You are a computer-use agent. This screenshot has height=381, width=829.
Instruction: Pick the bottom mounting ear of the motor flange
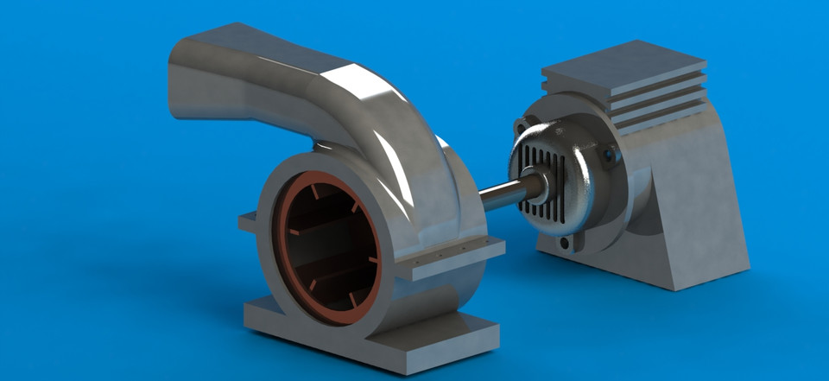tap(566, 244)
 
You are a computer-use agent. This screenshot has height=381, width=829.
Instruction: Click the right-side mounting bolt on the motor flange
tap(611, 156)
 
